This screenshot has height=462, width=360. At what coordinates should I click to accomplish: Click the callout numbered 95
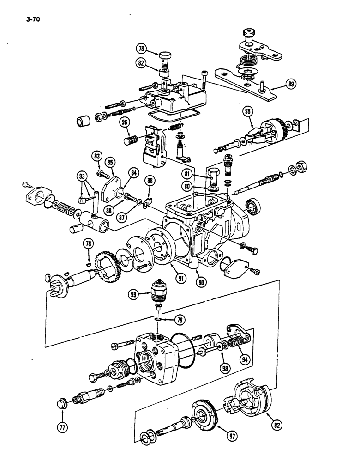pos(249,111)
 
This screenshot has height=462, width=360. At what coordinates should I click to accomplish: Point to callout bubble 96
pos(124,122)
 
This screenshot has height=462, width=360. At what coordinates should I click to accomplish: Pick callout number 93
pos(83,176)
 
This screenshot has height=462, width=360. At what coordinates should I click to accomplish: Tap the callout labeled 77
pos(63,427)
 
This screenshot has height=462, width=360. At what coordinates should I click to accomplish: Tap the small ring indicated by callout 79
pos(158,318)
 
